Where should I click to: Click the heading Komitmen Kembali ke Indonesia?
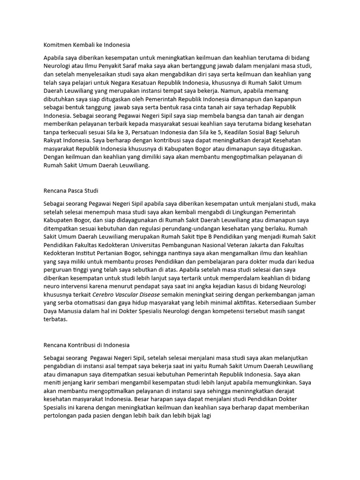coord(86,45)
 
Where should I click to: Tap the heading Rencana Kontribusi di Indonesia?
coord(86,345)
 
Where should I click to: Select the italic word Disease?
coord(149,294)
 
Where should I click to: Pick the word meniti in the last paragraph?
coord(51,382)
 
